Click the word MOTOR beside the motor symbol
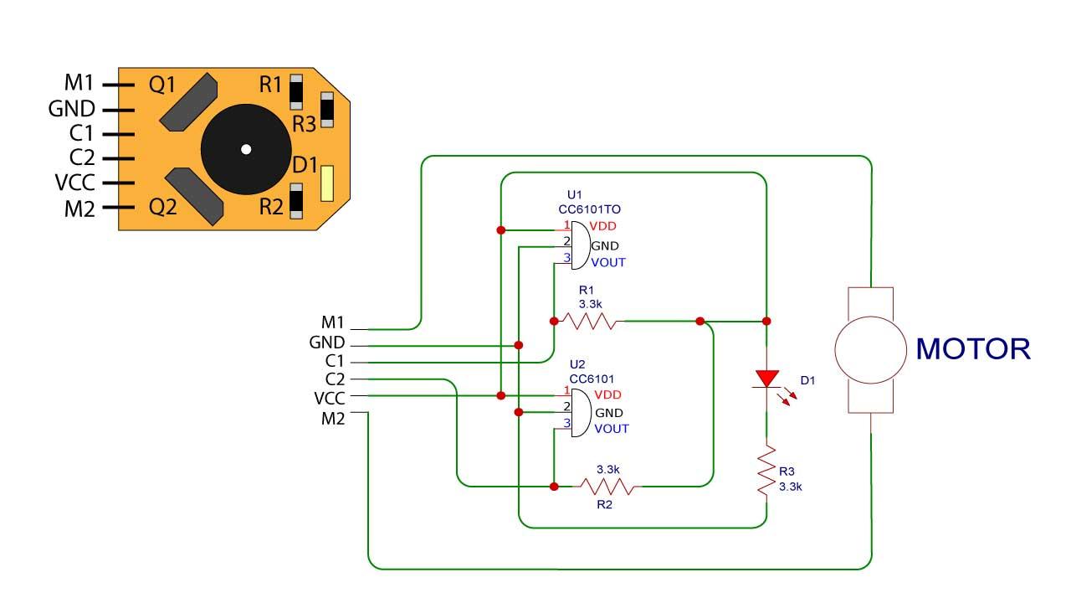coord(973,348)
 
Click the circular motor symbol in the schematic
coord(871,349)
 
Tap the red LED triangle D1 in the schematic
coord(766,379)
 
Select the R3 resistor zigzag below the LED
coord(766,474)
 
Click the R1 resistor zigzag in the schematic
coord(588,321)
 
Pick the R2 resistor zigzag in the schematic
coord(608,486)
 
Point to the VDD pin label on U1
coord(604,226)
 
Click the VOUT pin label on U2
coord(611,429)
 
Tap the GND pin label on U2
coord(609,413)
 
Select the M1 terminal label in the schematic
coord(333,322)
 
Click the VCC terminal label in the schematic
coord(329,398)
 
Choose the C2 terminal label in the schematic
coord(334,379)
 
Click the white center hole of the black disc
coord(245,150)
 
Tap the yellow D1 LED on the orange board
coord(327,183)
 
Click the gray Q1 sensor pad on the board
coord(188,100)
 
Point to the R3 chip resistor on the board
coord(327,110)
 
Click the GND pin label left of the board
coord(71,109)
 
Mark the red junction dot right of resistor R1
coord(700,321)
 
